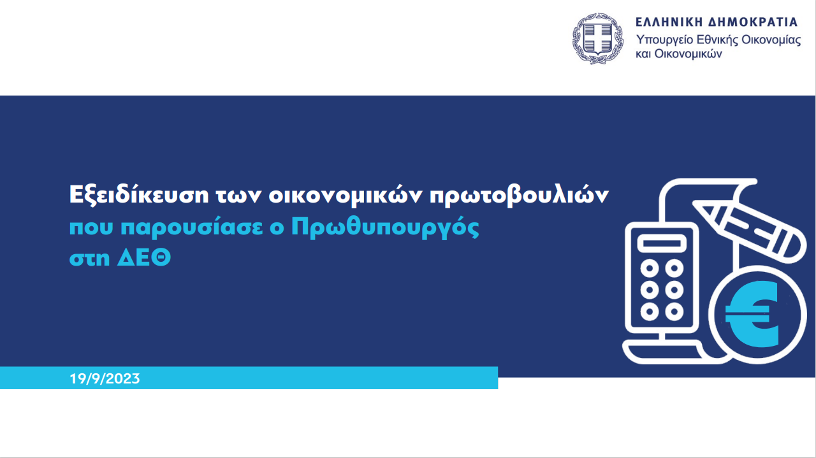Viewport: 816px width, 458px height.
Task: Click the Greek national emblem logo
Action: point(598,39)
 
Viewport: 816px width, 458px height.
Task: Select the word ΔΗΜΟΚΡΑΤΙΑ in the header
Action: point(753,22)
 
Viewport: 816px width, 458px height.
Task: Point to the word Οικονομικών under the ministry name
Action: point(688,54)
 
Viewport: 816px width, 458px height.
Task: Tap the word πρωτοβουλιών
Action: point(519,196)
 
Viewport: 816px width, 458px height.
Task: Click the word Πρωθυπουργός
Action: point(385,228)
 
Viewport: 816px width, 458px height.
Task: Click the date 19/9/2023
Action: point(105,378)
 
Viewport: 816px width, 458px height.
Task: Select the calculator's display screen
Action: point(662,243)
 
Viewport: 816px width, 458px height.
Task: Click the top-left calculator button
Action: point(650,269)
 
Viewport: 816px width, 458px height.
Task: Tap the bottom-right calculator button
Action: point(674,311)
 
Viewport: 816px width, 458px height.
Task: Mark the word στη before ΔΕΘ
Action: point(90,259)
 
